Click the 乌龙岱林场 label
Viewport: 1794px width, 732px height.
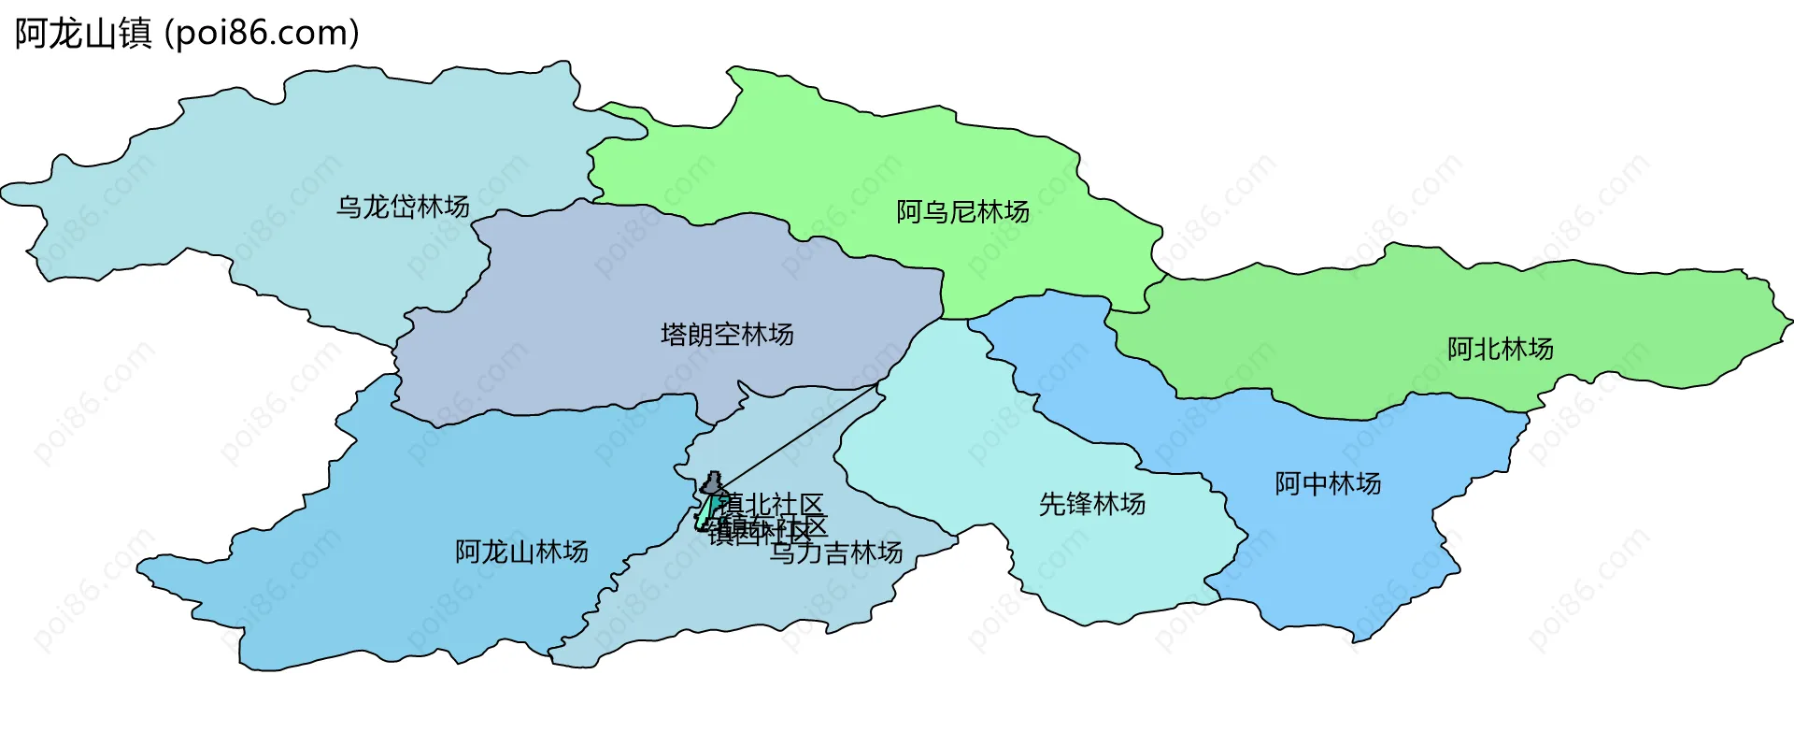tap(403, 207)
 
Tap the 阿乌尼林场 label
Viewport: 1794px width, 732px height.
tap(962, 212)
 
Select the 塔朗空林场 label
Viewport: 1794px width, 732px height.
tap(727, 335)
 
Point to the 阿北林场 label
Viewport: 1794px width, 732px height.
tap(1500, 350)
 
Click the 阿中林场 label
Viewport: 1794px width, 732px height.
tap(1328, 484)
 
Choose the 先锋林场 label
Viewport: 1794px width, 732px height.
tap(1092, 505)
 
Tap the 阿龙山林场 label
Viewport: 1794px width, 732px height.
tap(521, 553)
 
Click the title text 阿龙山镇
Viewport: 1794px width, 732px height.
tap(83, 34)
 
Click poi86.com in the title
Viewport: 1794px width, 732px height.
tap(262, 34)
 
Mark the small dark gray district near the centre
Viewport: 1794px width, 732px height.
tap(713, 483)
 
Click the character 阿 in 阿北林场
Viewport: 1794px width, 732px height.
tap(1460, 350)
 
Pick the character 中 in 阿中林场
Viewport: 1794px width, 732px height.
tap(1315, 484)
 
